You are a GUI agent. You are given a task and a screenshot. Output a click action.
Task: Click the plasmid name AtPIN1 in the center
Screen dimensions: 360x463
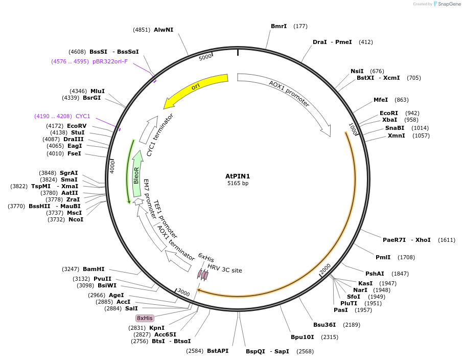tap(238, 176)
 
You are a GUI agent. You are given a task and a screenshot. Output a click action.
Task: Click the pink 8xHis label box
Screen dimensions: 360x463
tap(145, 318)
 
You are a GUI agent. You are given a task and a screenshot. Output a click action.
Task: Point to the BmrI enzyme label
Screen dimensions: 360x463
tap(279, 26)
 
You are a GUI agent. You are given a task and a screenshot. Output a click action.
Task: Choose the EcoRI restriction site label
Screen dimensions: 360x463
tap(389, 113)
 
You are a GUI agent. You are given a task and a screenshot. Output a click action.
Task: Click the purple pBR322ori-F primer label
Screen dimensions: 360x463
tap(110, 61)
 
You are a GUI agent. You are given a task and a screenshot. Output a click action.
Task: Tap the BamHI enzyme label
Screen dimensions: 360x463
tap(94, 269)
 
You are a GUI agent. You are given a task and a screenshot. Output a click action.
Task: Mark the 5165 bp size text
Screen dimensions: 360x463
tap(238, 183)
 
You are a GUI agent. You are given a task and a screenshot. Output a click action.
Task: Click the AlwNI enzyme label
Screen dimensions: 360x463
tap(164, 30)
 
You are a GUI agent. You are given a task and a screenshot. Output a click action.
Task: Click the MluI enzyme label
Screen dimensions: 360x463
tap(98, 91)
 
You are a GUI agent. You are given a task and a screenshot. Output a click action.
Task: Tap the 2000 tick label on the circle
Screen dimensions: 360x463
tap(326, 269)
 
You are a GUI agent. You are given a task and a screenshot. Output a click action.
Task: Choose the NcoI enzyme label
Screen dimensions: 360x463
tap(76, 219)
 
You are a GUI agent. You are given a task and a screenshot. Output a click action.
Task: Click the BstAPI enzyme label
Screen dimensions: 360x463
tap(218, 351)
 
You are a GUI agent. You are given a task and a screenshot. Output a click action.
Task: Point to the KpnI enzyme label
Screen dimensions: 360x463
tap(157, 328)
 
